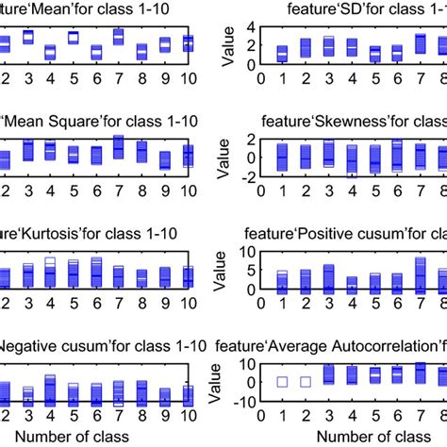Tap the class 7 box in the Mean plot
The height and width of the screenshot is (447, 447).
[x=118, y=37]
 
